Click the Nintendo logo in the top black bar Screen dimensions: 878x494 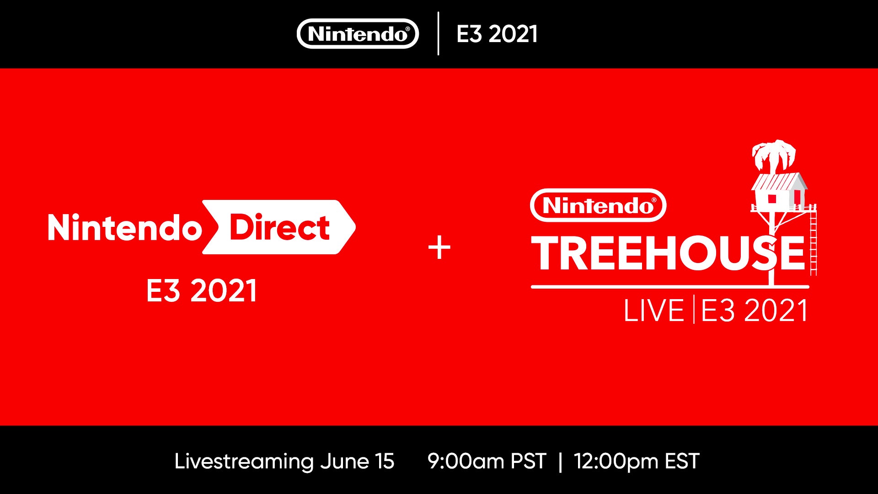pyautogui.click(x=358, y=34)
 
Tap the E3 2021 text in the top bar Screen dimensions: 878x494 pyautogui.click(x=497, y=34)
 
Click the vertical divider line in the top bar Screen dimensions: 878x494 pyautogui.click(x=438, y=33)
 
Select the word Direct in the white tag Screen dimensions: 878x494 pyautogui.click(x=279, y=227)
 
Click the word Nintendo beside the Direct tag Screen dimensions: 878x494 pyautogui.click(x=124, y=227)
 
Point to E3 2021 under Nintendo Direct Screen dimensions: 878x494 pyautogui.click(x=202, y=290)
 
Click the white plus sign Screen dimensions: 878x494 pyautogui.click(x=439, y=248)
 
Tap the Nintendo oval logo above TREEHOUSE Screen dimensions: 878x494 pyautogui.click(x=598, y=205)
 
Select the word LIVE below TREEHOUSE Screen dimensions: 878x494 pyautogui.click(x=654, y=311)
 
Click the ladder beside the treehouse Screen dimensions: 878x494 pyautogui.click(x=813, y=240)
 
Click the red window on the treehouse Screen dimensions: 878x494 pyautogui.click(x=772, y=199)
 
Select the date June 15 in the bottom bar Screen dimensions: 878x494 pyautogui.click(x=357, y=462)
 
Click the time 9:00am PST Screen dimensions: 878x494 pyautogui.click(x=487, y=461)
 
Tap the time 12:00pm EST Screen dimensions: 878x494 pyautogui.click(x=637, y=462)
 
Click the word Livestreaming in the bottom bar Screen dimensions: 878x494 pyautogui.click(x=244, y=462)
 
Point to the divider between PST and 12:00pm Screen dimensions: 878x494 pyautogui.click(x=560, y=462)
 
